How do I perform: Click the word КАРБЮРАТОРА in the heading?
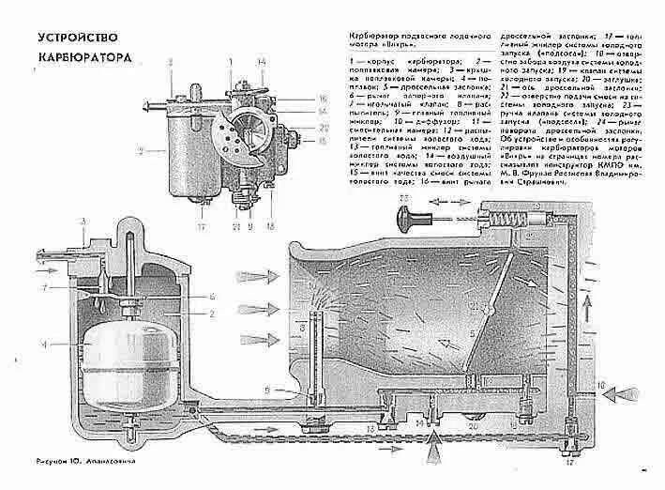(x=83, y=58)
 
